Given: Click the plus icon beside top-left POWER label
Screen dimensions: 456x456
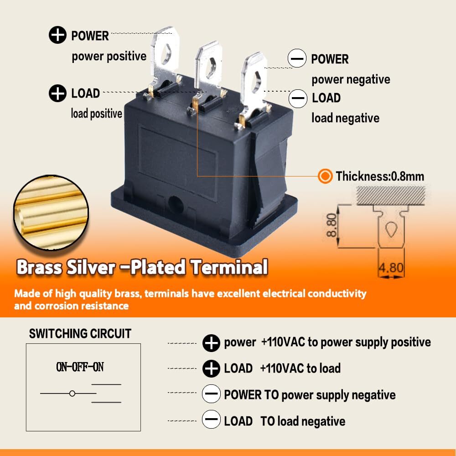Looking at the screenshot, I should point(57,36).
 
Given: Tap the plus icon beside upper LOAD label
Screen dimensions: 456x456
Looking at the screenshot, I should point(57,93).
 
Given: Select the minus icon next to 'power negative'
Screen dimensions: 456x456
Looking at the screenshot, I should point(297,59).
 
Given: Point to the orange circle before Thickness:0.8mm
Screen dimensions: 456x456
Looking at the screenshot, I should point(325,176).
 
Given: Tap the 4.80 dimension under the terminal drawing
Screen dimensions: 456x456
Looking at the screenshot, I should point(391,267).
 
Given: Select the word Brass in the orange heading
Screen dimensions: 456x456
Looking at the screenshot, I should point(39,267).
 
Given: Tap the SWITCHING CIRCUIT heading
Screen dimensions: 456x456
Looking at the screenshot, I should point(80,333).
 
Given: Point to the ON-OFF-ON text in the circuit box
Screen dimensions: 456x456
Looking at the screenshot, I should point(80,367).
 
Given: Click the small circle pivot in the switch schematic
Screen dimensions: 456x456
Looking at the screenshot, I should point(72,393).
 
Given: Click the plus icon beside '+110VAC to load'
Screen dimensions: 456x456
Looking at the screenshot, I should point(211,368).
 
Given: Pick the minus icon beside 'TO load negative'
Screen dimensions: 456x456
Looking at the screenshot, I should point(211,421).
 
